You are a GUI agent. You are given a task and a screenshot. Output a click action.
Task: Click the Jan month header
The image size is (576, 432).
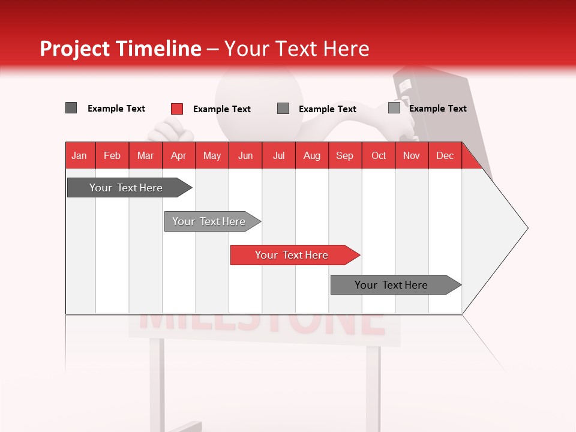[80, 155]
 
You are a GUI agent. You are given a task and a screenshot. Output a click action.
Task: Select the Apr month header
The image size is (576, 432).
[179, 155]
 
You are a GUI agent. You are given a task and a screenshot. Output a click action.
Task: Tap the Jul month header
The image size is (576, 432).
[278, 155]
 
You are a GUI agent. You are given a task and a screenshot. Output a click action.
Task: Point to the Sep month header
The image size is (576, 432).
[344, 155]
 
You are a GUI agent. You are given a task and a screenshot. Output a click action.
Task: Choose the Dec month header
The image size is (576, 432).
[445, 155]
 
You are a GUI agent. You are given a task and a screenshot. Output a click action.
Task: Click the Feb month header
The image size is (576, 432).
[112, 155]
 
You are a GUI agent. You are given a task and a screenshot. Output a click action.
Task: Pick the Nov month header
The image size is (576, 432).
[411, 155]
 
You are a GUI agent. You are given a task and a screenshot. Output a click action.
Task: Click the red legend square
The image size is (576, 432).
[177, 109]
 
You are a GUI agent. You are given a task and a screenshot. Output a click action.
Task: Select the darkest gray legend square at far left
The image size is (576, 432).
[71, 108]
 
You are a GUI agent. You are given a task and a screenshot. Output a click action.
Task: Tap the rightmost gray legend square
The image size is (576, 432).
[394, 108]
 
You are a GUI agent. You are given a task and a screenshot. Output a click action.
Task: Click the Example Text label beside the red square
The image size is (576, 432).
[221, 109]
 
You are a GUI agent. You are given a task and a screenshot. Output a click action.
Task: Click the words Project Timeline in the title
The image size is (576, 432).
[120, 49]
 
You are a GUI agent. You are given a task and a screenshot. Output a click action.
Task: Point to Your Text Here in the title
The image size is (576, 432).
[296, 49]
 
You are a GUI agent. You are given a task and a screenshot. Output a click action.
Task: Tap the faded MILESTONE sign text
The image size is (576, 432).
[263, 324]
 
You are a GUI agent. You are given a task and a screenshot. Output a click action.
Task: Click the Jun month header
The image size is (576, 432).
[245, 155]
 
